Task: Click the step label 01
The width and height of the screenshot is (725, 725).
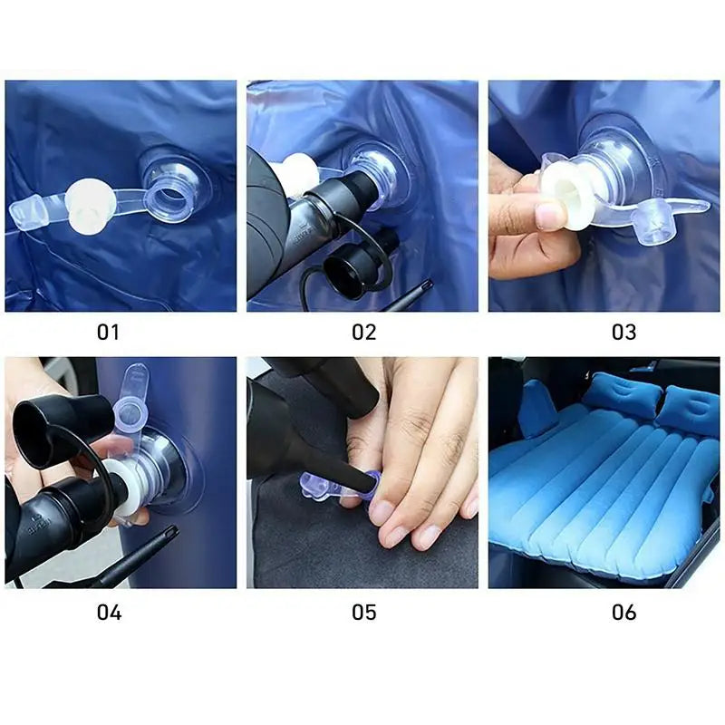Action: (x=108, y=332)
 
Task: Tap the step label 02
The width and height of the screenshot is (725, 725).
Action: (x=363, y=332)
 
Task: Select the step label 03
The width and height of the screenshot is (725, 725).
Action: (x=623, y=332)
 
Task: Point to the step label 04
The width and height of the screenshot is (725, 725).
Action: (x=109, y=612)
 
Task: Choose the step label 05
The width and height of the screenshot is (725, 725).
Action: (x=363, y=612)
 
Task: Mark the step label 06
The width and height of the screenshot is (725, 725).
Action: (x=623, y=612)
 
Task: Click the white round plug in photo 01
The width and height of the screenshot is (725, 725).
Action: (x=89, y=196)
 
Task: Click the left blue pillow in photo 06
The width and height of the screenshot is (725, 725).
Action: (x=620, y=396)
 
